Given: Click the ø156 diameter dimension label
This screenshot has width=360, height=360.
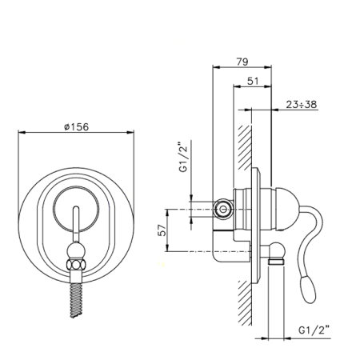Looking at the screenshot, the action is pos(76,126).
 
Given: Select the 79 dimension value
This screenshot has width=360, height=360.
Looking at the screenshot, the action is pos(242,62).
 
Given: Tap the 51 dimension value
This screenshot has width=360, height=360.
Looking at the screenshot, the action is pos(253,81).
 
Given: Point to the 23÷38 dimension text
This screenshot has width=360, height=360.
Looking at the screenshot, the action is pos(302,104).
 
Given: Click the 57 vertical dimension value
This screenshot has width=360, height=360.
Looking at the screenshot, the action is pos(162,230).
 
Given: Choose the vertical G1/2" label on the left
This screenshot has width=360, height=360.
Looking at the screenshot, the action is pos(184,158).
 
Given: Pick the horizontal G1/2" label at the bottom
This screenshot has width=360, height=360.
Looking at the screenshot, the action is pos(314,330).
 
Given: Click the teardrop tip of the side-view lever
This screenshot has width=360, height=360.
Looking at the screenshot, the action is pos(308,290).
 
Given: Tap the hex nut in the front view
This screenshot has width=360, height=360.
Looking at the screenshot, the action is pos(77,265).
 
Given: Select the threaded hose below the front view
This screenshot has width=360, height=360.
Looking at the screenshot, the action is pos(76,301).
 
